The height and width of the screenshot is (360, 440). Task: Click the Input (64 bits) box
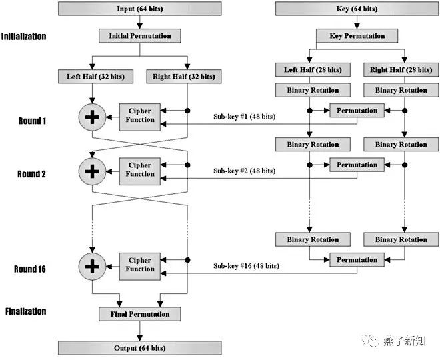click(x=140, y=9)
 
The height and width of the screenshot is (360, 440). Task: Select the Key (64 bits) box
click(x=357, y=9)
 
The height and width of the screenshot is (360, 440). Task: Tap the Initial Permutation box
click(x=140, y=35)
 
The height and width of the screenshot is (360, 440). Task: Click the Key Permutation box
click(x=357, y=35)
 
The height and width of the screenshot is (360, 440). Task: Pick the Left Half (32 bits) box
click(x=96, y=76)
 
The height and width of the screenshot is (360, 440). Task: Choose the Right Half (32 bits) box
click(x=184, y=76)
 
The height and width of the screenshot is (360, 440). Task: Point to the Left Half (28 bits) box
click(x=313, y=69)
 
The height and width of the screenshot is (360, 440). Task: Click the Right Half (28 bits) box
click(x=401, y=69)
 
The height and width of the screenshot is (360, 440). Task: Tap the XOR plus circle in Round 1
click(x=92, y=117)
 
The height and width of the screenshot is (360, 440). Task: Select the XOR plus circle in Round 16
click(x=92, y=266)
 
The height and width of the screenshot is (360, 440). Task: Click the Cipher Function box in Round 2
click(x=140, y=171)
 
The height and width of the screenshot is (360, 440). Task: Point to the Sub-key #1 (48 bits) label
click(x=245, y=116)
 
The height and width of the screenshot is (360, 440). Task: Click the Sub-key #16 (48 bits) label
click(x=246, y=265)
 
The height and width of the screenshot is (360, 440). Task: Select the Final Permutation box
click(x=140, y=314)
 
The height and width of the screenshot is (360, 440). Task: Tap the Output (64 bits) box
click(x=140, y=348)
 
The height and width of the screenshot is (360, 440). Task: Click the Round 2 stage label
click(x=31, y=174)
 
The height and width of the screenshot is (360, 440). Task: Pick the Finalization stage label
click(x=25, y=311)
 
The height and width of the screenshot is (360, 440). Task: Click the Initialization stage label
click(x=23, y=36)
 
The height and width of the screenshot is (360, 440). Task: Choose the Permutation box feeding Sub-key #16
click(x=357, y=259)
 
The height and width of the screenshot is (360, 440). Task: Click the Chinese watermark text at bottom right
click(x=405, y=341)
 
